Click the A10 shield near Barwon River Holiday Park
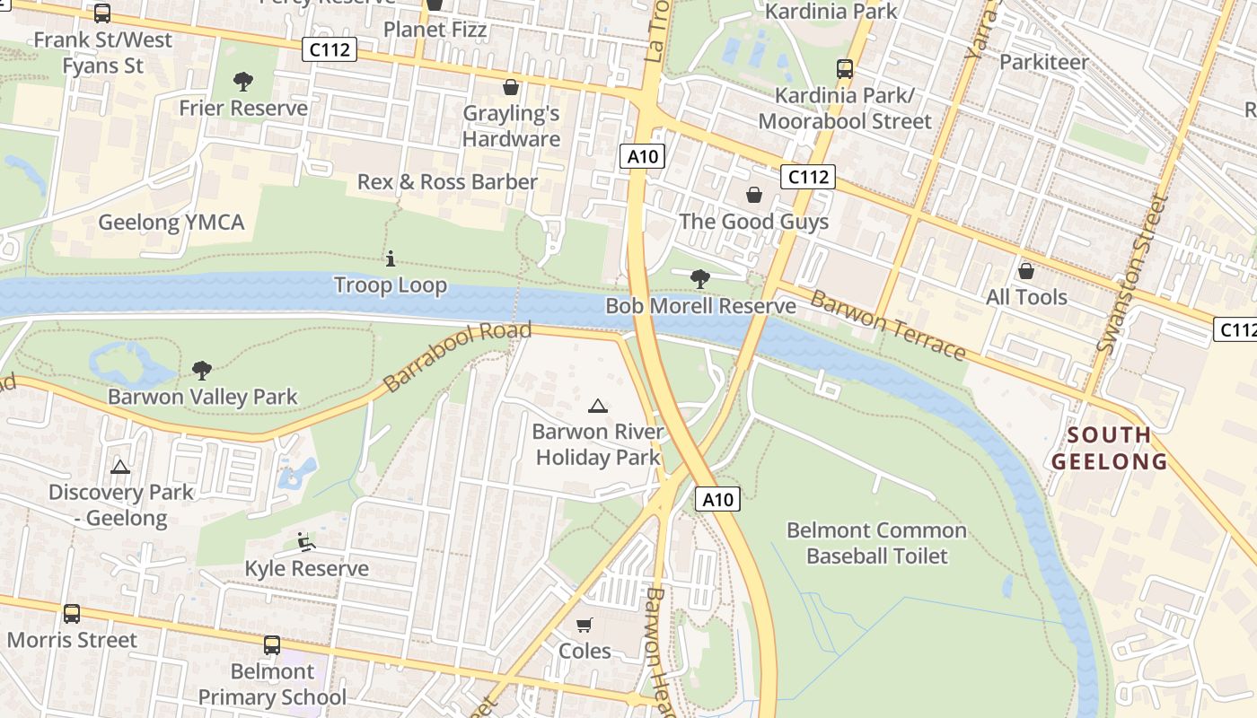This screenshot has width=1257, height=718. pyautogui.click(x=717, y=500)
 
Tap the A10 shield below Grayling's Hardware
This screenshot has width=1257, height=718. pyautogui.click(x=643, y=156)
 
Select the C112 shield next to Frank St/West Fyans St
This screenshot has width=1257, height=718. pyautogui.click(x=330, y=49)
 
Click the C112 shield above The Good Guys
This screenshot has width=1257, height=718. pyautogui.click(x=807, y=177)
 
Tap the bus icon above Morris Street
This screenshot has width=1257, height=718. pyautogui.click(x=72, y=614)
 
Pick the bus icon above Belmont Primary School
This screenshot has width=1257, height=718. pyautogui.click(x=272, y=645)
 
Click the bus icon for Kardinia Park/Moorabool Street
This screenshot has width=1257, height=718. pyautogui.click(x=844, y=69)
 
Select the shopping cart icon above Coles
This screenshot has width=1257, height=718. pyautogui.click(x=585, y=625)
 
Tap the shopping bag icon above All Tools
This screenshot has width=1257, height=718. pyautogui.click(x=1026, y=271)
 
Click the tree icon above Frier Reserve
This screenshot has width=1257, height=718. pyautogui.click(x=242, y=83)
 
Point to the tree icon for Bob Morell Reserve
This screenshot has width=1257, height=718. pyautogui.click(x=699, y=279)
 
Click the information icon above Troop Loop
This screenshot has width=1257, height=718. pyautogui.click(x=391, y=259)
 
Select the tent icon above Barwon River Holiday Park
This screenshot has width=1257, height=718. pyautogui.click(x=598, y=406)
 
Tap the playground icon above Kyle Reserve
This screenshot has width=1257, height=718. pyautogui.click(x=306, y=542)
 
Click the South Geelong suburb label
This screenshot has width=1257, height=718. pyautogui.click(x=1110, y=449)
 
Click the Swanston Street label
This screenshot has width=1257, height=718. pyautogui.click(x=1133, y=274)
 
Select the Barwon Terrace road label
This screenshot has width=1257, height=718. pyautogui.click(x=887, y=325)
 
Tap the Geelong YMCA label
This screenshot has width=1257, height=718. pyautogui.click(x=171, y=223)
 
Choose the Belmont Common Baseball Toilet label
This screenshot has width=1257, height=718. pyautogui.click(x=876, y=543)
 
